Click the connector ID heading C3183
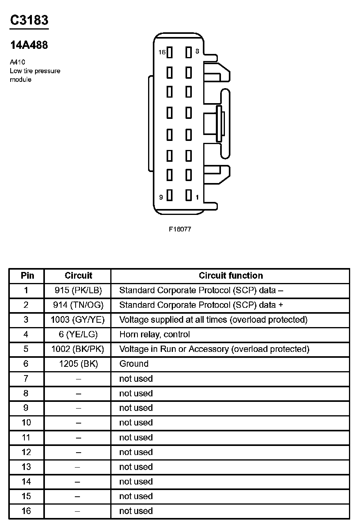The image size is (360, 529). point(29,20)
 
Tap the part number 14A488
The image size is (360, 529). point(29,45)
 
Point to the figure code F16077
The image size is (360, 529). point(180,229)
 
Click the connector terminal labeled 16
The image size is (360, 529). point(170,52)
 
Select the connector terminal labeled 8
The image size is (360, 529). point(189,52)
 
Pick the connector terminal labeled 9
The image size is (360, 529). point(170,196)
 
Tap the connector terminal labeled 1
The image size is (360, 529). point(189,196)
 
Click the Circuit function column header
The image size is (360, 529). point(230,276)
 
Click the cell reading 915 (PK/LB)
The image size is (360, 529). point(78,290)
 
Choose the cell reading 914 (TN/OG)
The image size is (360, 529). point(78,305)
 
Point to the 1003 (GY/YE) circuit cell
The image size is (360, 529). point(78,320)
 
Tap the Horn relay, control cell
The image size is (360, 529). point(154,335)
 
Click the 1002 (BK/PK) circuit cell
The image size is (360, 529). point(78,349)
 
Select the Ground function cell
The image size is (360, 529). point(134,364)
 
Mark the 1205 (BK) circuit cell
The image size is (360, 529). point(78,364)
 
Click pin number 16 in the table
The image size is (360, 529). point(26,511)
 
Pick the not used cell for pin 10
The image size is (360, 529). point(136,423)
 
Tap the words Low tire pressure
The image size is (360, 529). point(35,71)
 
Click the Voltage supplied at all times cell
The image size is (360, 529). point(213,320)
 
